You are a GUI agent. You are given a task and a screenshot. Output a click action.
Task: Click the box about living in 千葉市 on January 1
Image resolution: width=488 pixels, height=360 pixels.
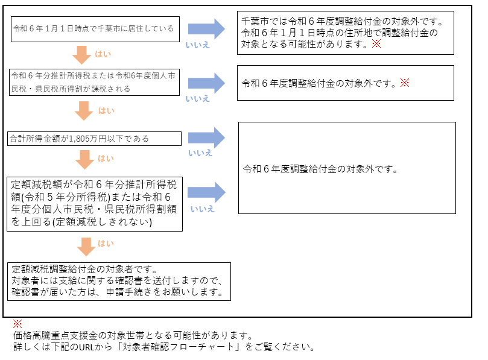point(95,28)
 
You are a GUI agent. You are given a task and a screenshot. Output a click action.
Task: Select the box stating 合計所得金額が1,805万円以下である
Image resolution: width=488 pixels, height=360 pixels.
point(95,139)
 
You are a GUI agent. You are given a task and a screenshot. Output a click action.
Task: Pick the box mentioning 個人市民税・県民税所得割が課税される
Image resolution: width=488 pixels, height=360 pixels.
point(95,82)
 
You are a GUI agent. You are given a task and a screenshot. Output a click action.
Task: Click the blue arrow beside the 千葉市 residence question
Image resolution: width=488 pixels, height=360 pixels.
point(206,28)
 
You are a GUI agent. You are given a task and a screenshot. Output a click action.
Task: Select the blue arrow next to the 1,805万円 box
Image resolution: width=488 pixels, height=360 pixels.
point(206,137)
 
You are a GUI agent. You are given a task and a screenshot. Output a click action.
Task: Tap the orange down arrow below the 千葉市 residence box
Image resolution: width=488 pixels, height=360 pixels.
point(83,55)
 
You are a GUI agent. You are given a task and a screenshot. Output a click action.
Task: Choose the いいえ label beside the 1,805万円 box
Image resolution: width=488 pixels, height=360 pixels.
point(200,153)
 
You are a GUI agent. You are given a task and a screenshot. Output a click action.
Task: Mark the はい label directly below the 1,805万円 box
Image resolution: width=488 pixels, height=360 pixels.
point(106,159)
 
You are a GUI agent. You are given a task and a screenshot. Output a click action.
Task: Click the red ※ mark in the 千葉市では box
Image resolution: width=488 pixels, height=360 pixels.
point(376,44)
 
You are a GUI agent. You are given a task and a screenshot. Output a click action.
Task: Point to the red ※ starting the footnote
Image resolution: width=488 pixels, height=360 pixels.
point(17,324)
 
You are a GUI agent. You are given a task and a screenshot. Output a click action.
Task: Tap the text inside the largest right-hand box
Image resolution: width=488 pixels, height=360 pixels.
point(320,169)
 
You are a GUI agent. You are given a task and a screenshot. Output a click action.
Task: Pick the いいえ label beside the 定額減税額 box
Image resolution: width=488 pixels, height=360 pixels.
point(203,209)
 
